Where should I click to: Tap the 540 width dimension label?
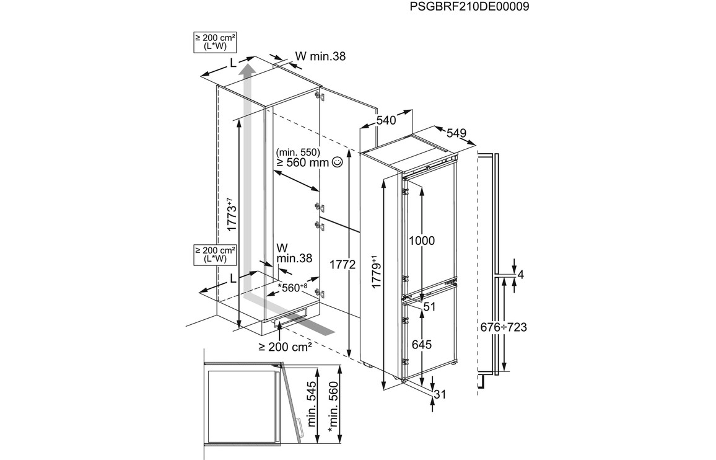coord(386,120)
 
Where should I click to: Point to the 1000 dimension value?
coord(422,241)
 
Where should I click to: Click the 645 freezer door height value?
coord(422,344)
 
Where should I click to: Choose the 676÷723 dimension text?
coord(504,327)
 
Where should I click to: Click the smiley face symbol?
coord(338,162)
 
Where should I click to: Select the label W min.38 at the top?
coord(320,56)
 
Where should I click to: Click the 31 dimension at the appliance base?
coord(440,394)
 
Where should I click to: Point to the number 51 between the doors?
coord(430,306)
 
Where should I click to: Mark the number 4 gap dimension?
coord(520,275)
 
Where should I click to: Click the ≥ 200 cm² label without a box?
coord(286,347)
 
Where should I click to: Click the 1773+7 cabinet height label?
coord(230,214)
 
